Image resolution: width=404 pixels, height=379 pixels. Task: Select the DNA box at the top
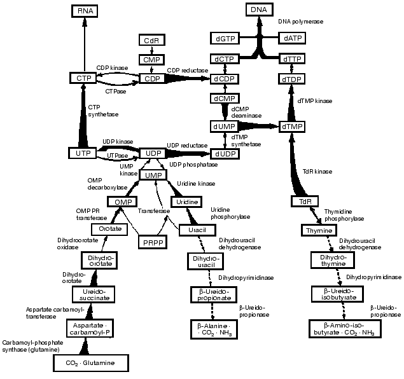(x=259, y=10)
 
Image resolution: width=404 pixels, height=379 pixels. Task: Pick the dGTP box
(x=225, y=39)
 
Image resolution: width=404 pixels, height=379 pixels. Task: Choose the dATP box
(x=293, y=39)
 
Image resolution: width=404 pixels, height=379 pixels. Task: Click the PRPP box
(x=151, y=242)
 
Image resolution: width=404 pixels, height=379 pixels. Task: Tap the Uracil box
(x=193, y=229)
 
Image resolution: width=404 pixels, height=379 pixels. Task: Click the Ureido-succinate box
(x=94, y=293)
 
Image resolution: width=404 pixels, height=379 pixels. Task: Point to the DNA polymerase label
(x=300, y=22)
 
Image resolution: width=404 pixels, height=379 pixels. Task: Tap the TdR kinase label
(x=318, y=172)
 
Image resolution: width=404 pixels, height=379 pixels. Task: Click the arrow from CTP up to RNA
(x=83, y=45)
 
